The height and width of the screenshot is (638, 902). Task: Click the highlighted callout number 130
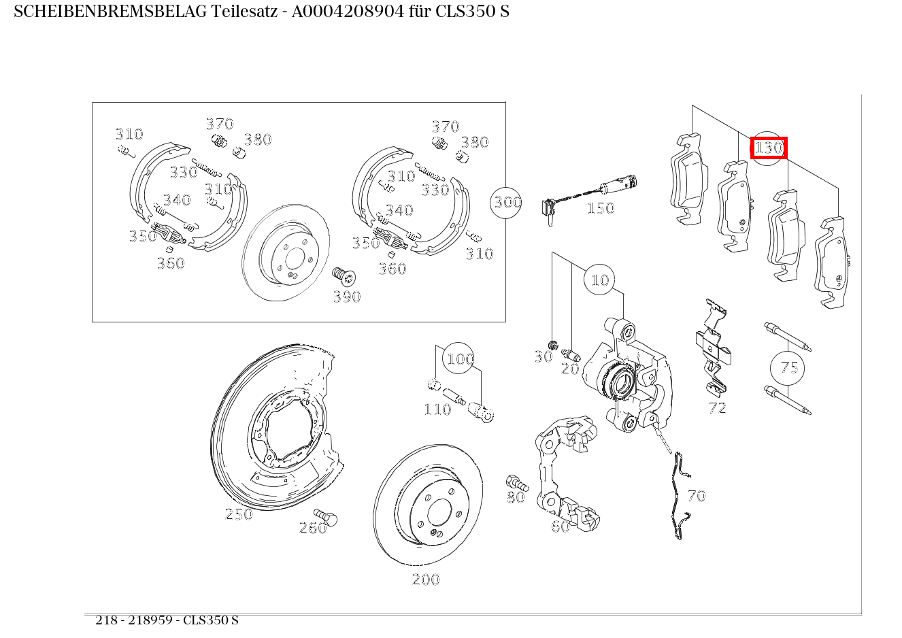point(769,148)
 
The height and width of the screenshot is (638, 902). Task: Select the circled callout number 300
point(506,202)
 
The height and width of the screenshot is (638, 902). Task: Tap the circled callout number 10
point(599,280)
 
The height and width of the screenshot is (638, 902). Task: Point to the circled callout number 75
point(788,367)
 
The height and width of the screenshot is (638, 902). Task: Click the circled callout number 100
point(458,358)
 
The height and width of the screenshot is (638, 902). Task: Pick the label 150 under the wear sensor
point(601,209)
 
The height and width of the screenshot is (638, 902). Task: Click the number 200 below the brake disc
point(426,580)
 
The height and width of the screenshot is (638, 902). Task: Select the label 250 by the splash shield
point(239,514)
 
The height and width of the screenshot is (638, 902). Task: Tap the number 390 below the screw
point(347,297)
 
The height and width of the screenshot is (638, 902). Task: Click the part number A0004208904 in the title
point(348,12)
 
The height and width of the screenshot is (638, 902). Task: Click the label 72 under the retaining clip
point(717,408)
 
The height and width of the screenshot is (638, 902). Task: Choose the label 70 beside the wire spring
point(697,496)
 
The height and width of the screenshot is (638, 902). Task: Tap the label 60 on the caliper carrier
point(561,526)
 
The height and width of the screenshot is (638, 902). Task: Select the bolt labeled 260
point(325,516)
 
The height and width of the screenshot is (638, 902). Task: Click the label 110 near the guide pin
point(437,409)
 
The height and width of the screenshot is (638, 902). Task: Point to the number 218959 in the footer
point(150,620)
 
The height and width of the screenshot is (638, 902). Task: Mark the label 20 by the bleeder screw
point(570,369)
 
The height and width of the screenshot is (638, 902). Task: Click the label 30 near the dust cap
point(544,356)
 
